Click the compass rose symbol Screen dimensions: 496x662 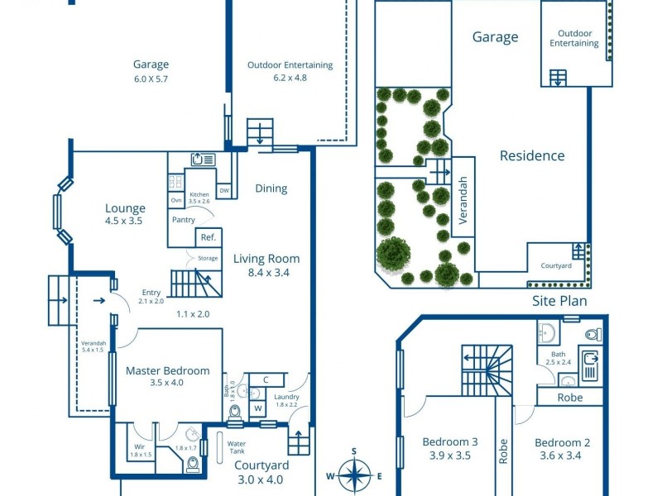pyautogui.click(x=354, y=475)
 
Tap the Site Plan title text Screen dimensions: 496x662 pyautogui.click(x=559, y=301)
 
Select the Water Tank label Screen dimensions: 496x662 pyautogui.click(x=242, y=447)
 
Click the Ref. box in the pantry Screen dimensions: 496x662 pyautogui.click(x=207, y=237)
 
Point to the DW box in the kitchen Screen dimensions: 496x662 pyautogui.click(x=224, y=191)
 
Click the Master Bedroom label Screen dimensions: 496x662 pyautogui.click(x=167, y=370)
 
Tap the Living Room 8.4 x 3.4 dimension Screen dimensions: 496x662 pyautogui.click(x=266, y=272)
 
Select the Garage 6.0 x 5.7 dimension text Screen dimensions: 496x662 pyautogui.click(x=151, y=79)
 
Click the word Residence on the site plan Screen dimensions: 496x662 pyautogui.click(x=532, y=155)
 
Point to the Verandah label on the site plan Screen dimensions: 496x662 pyautogui.click(x=463, y=202)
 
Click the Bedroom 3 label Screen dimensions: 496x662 pyautogui.click(x=450, y=441)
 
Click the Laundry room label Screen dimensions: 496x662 pyautogui.click(x=285, y=397)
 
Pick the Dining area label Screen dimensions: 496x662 pyautogui.click(x=271, y=188)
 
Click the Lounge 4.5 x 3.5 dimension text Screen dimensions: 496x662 pyautogui.click(x=125, y=222)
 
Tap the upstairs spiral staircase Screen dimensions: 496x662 pyautogui.click(x=487, y=370)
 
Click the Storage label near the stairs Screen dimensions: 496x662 pyautogui.click(x=208, y=259)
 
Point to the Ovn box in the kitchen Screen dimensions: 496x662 pyautogui.click(x=176, y=201)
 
